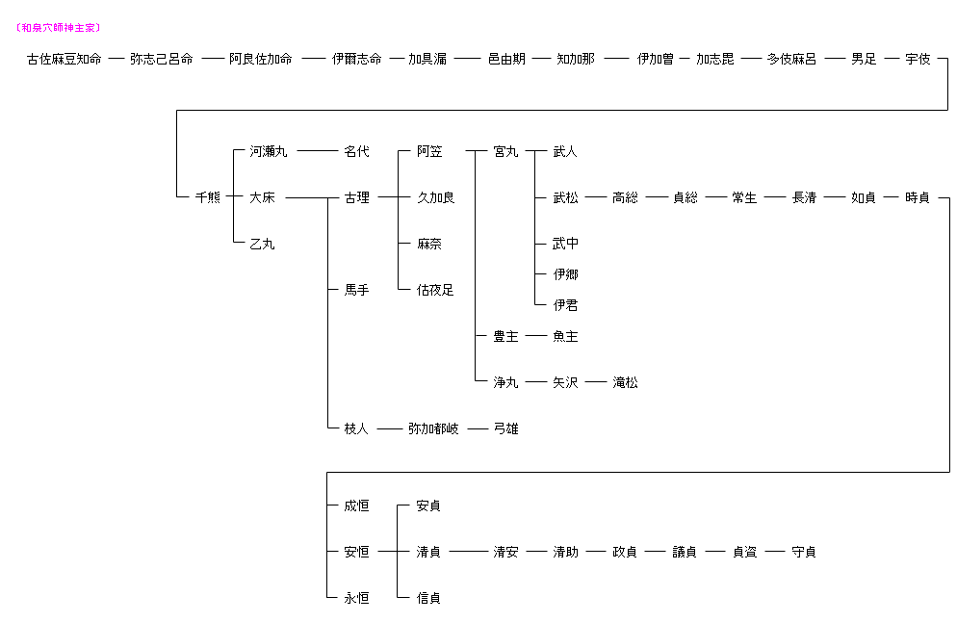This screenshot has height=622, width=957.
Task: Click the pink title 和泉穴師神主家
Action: tap(59, 28)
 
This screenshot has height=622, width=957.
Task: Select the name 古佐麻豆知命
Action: tap(64, 59)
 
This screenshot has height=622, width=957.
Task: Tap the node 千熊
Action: tap(207, 197)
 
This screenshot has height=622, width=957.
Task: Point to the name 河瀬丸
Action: tap(269, 151)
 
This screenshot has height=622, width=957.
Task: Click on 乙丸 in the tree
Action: tap(262, 244)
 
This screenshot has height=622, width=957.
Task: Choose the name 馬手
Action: tap(356, 290)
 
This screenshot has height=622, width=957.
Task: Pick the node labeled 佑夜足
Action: tap(435, 290)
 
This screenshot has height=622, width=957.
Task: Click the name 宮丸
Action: tap(505, 151)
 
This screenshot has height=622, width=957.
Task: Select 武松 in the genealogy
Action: tap(565, 197)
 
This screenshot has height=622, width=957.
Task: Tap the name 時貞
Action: tap(918, 197)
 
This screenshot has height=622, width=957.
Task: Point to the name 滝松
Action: tap(625, 382)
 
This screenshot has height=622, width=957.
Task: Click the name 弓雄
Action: tap(505, 428)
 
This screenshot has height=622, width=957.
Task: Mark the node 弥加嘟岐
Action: tap(433, 428)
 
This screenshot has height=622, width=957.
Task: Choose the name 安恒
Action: tap(356, 552)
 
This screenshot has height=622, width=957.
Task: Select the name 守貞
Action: tap(804, 552)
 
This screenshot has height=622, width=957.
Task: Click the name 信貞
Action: tap(428, 598)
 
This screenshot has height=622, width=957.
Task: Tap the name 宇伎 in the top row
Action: tap(918, 59)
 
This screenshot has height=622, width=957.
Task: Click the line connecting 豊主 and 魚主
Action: tap(535, 336)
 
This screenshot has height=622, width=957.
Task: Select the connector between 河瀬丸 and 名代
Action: tap(313, 151)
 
